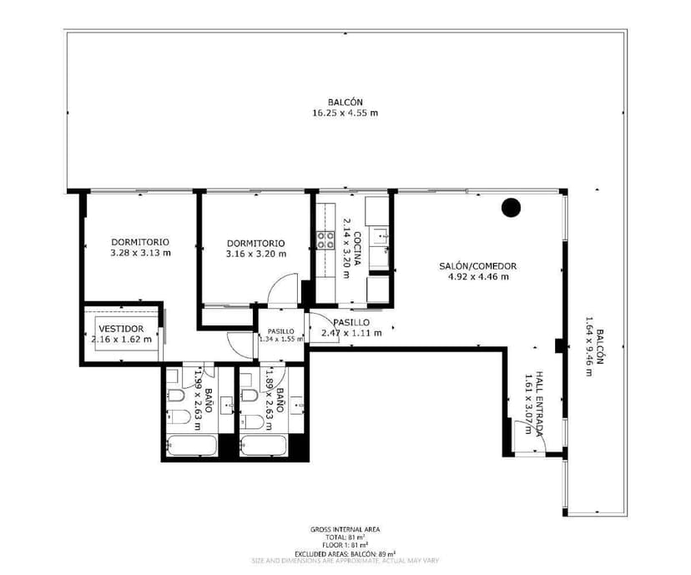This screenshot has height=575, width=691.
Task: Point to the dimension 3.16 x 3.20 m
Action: (x=255, y=254)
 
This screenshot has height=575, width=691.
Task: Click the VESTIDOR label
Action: (x=122, y=328)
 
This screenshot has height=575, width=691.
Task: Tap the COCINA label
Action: (x=357, y=248)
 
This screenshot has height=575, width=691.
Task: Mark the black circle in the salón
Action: (x=511, y=207)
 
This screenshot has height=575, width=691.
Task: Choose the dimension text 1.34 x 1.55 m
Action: (x=281, y=339)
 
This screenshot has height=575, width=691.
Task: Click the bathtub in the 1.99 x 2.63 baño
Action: (x=190, y=446)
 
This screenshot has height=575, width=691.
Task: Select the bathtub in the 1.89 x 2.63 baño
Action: (x=265, y=446)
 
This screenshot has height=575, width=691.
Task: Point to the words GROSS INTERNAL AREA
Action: (x=345, y=529)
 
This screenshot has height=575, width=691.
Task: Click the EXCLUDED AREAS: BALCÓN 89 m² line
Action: (x=345, y=553)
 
